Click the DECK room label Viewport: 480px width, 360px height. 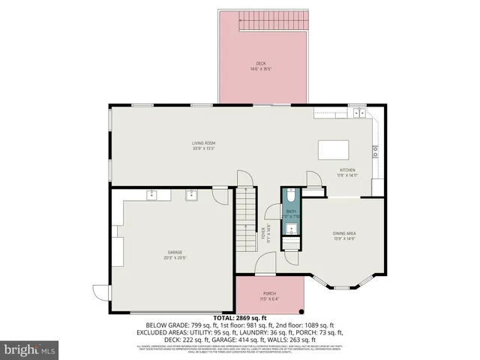[260, 64]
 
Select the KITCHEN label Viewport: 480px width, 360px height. [346, 170]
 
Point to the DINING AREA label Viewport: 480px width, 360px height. [344, 233]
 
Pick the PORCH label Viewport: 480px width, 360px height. [269, 293]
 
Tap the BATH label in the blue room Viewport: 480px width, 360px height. [290, 211]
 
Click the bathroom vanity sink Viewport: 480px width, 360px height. [290, 230]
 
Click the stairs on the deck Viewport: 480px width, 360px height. [273, 25]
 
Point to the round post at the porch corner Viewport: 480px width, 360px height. [301, 311]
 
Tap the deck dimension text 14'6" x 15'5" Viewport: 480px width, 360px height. [260, 70]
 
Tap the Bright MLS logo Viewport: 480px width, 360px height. [30, 349]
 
